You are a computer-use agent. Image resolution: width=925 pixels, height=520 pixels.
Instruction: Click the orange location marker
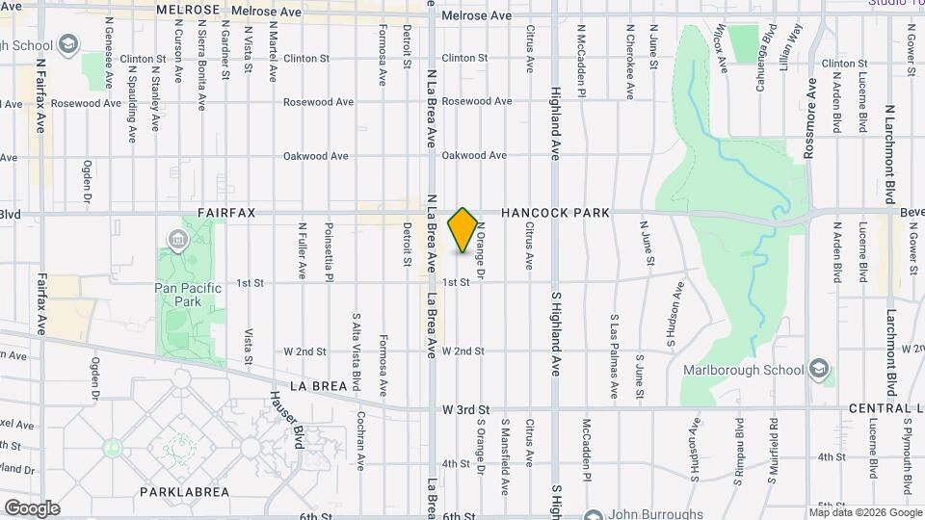(462, 229)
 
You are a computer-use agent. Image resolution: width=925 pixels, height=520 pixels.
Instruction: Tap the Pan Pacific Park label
(187, 295)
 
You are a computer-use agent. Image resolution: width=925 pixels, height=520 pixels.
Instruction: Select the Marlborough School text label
(743, 370)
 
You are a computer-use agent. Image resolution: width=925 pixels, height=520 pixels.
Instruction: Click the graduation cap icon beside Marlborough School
(818, 369)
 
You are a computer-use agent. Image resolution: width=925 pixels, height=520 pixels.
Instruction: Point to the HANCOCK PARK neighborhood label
(554, 212)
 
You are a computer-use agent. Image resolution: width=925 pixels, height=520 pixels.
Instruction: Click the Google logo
(32, 507)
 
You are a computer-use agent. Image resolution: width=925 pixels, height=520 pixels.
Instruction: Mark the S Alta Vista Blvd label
(356, 351)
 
